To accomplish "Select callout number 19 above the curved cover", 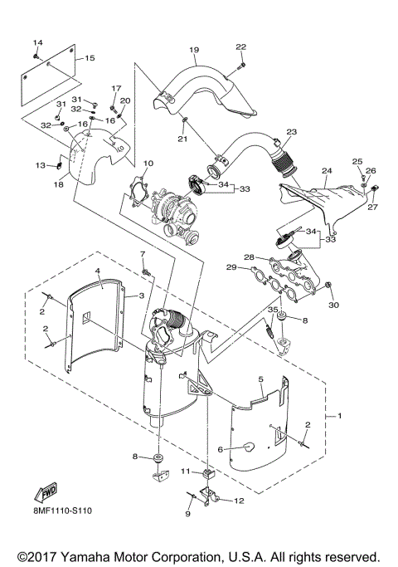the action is [x=194, y=50].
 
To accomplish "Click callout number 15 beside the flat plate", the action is [x=90, y=58].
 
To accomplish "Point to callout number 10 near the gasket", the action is [x=148, y=164].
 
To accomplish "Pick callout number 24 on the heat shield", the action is [x=327, y=170].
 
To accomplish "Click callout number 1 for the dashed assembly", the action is [x=339, y=416].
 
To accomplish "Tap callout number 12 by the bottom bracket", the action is [x=239, y=501].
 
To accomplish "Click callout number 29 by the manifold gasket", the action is [x=231, y=267].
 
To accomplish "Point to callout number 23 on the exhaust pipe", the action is [x=292, y=132].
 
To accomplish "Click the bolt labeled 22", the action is [x=242, y=66].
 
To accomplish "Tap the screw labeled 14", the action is [x=36, y=56].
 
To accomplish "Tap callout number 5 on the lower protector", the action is [x=261, y=379].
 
